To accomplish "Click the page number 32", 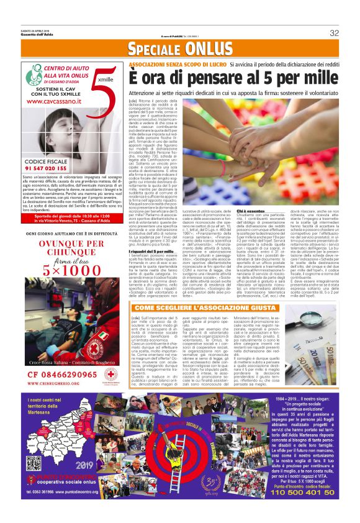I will [x=334, y=33].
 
